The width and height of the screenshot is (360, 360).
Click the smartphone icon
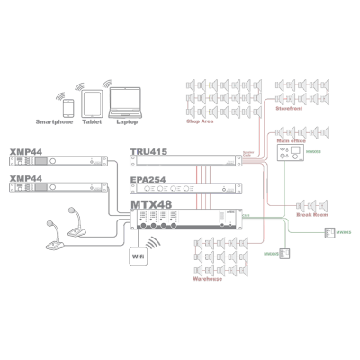[68, 107]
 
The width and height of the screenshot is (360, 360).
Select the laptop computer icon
[122, 103]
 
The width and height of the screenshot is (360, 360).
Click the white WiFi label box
[138, 256]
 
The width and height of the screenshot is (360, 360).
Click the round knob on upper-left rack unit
[54, 161]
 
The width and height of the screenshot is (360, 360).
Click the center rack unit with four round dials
[185, 188]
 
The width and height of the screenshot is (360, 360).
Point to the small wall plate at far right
[329, 232]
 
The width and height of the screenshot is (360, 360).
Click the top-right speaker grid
[301, 95]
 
